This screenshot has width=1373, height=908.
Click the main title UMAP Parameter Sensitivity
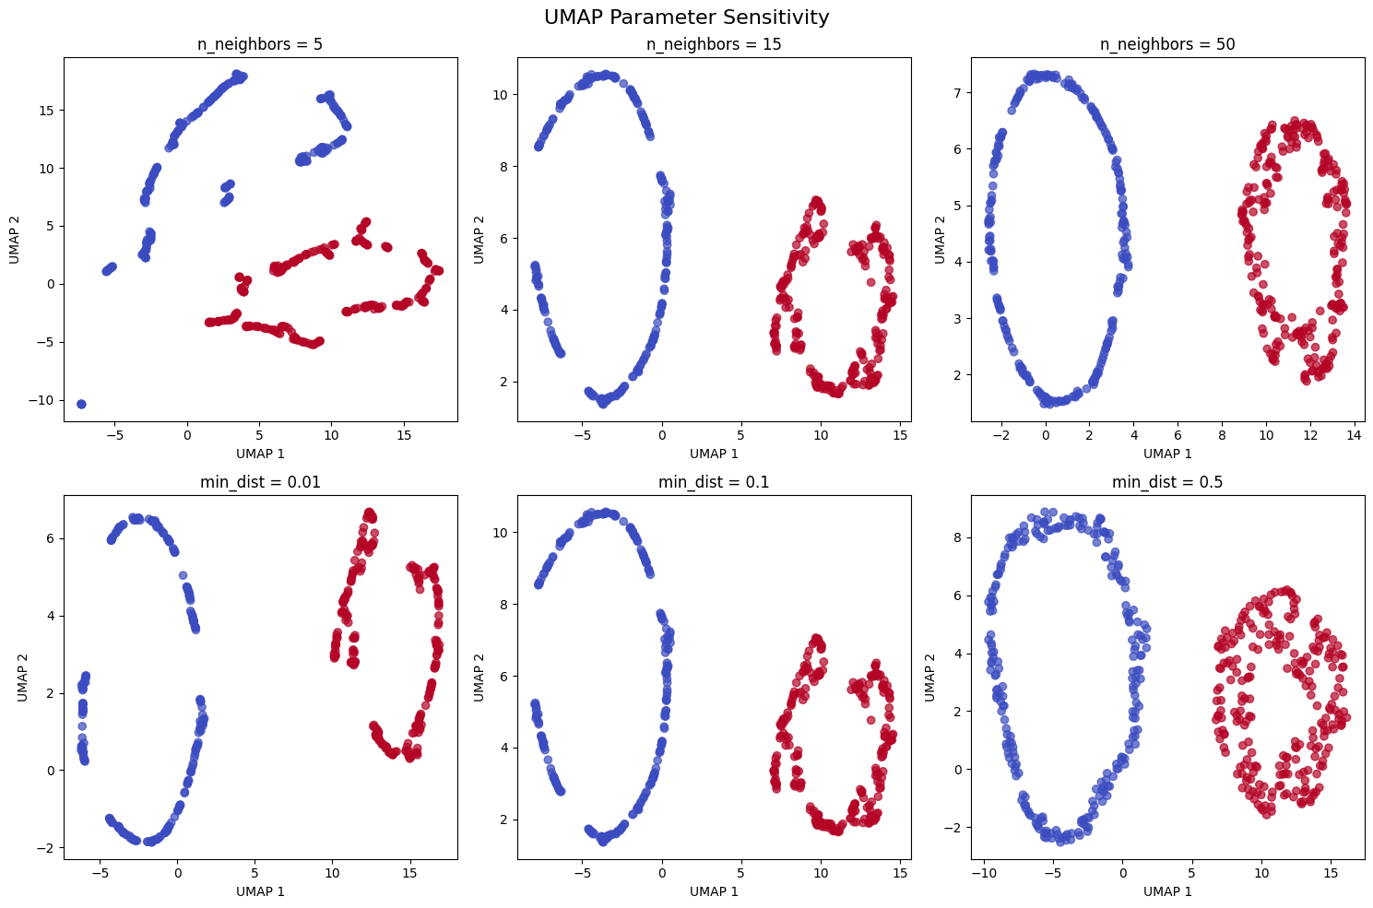pyautogui.click(x=686, y=18)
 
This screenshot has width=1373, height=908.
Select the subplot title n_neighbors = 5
pyautogui.click(x=259, y=44)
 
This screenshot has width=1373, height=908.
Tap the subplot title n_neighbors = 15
pyautogui.click(x=714, y=44)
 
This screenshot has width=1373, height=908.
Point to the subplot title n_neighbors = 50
pyautogui.click(x=1167, y=44)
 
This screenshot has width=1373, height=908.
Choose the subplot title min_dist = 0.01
pyautogui.click(x=259, y=482)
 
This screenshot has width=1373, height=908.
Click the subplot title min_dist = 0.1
pyautogui.click(x=714, y=482)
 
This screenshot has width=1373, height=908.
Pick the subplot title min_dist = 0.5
pyautogui.click(x=1167, y=482)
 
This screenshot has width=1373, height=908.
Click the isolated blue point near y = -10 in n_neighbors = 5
pyautogui.click(x=81, y=404)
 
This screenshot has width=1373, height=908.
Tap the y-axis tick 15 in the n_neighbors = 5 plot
pyautogui.click(x=47, y=111)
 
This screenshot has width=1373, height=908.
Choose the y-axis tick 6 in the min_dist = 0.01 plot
pyautogui.click(x=51, y=538)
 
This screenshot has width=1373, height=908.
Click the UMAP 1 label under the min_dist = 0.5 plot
pyautogui.click(x=1167, y=891)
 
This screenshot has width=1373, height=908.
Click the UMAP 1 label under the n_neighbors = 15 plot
pyautogui.click(x=714, y=454)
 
